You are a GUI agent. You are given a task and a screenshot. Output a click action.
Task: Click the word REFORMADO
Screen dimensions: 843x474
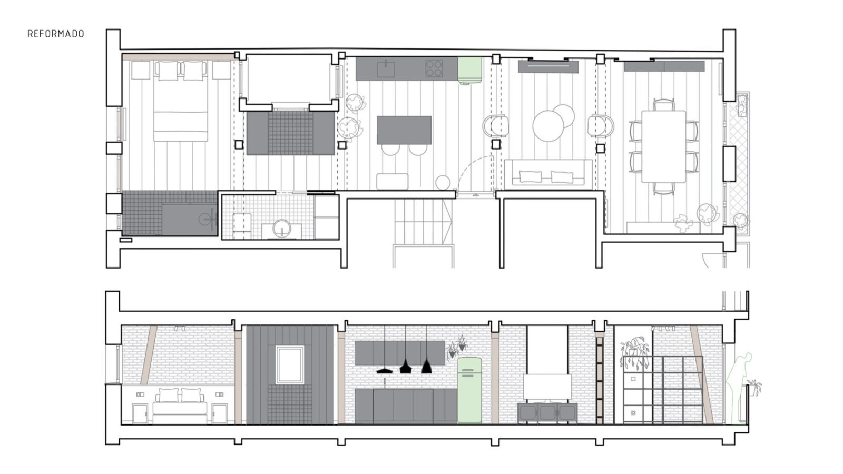56,34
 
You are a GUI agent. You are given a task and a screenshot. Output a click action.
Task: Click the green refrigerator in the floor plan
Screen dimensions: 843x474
469,71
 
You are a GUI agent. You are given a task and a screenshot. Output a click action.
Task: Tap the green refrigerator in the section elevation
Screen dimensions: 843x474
469,390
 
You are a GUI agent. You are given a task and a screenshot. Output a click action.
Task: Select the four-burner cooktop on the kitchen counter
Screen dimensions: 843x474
434,68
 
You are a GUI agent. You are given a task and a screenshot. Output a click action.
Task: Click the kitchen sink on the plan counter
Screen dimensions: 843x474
386,69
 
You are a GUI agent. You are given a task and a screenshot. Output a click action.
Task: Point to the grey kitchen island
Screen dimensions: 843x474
404,130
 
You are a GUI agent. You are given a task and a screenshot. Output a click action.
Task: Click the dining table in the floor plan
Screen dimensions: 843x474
664,146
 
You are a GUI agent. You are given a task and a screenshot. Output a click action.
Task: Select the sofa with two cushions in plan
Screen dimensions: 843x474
548,173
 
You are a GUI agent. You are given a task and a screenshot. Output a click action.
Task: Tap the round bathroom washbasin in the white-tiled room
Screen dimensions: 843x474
281,228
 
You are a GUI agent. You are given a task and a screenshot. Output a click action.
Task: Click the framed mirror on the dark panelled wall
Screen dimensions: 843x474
289,365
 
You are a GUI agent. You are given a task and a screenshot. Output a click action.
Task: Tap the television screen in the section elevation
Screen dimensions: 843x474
547,387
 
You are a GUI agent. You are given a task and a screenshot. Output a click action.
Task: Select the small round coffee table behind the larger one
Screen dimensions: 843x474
564,115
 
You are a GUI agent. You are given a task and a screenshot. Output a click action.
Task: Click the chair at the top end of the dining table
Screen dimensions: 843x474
663,104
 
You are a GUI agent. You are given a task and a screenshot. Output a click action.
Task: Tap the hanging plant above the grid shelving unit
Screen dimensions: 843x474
635,353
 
